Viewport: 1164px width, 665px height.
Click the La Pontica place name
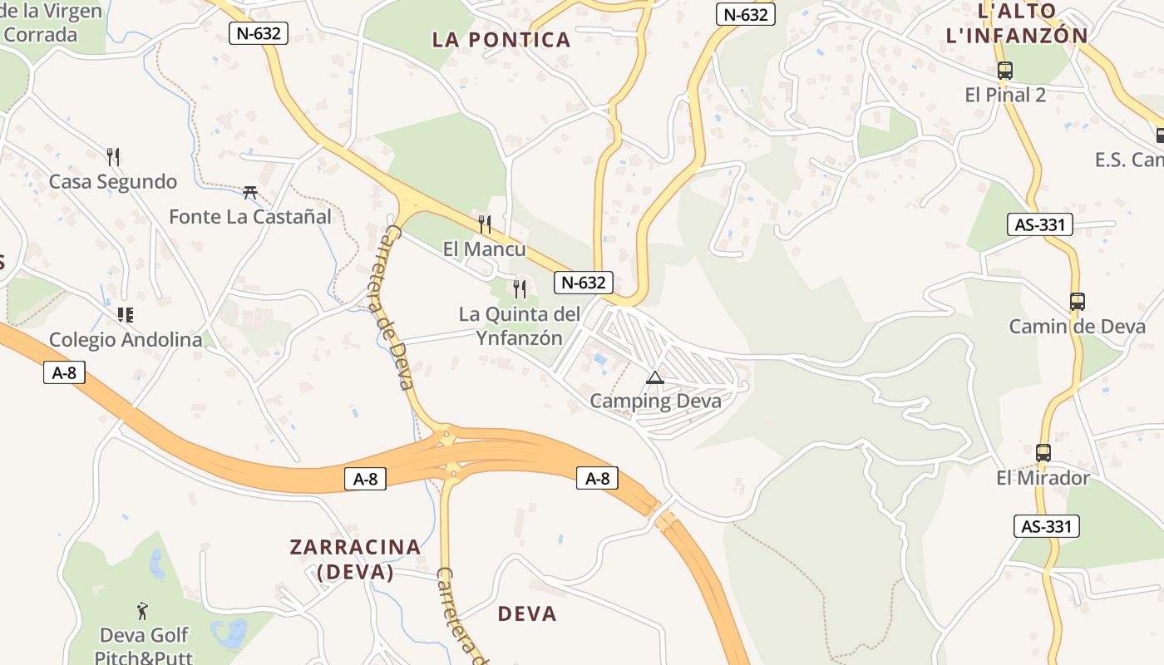(x=501, y=39)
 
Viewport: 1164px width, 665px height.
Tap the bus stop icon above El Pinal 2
(x=1004, y=71)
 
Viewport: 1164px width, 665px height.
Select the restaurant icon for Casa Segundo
(x=113, y=156)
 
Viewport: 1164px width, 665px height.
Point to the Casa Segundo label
(x=113, y=181)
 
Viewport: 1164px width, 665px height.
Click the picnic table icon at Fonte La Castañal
(x=249, y=193)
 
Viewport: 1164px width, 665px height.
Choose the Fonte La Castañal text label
(x=250, y=216)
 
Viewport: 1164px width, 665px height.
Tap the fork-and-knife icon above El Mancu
(x=485, y=224)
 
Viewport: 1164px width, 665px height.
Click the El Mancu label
(x=484, y=249)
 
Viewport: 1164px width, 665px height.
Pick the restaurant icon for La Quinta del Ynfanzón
(x=520, y=289)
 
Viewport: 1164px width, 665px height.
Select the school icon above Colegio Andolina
(x=126, y=315)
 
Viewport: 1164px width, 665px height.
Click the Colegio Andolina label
(x=126, y=339)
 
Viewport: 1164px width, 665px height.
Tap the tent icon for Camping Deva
(x=655, y=378)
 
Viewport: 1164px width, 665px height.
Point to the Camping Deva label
(x=655, y=401)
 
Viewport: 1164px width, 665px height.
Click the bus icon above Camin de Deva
(x=1077, y=302)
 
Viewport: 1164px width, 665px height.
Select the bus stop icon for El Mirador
(x=1043, y=453)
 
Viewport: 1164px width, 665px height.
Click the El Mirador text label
(x=1043, y=478)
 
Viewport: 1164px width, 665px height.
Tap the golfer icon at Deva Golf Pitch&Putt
(x=143, y=611)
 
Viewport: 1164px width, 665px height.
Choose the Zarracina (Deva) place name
(x=355, y=559)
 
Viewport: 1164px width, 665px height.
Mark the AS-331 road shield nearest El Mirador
(x=1046, y=526)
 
